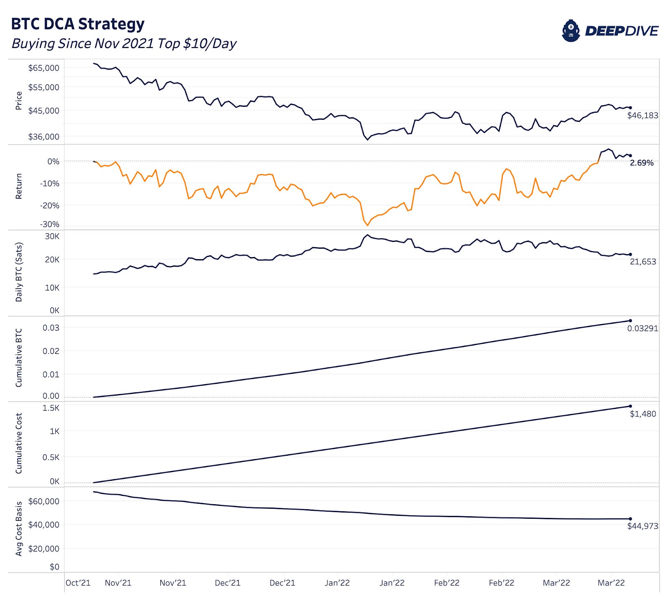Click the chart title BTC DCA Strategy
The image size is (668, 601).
point(78,24)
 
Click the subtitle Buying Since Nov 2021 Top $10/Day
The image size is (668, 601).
point(124,43)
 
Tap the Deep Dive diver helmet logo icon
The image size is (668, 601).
point(571,31)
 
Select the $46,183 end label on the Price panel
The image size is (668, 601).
point(643,115)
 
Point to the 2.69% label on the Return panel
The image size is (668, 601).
point(642,163)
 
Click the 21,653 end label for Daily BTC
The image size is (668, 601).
point(643,262)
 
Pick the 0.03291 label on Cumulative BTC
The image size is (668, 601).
point(643,328)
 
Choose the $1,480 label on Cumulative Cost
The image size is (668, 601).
point(643,414)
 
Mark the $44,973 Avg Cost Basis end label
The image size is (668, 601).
point(643,526)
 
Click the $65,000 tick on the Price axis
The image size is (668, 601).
point(44,68)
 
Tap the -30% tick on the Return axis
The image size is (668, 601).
point(50,225)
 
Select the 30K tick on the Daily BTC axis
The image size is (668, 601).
point(52,236)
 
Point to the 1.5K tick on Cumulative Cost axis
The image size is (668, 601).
point(51,408)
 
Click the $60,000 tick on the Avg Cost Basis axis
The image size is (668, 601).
point(44,501)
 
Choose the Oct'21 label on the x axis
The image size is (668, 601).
point(78,583)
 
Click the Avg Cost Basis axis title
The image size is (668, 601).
point(18,528)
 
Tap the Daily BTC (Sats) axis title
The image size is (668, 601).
point(18,272)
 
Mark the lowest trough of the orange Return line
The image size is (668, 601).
point(368,225)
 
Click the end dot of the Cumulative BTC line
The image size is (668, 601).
point(630,321)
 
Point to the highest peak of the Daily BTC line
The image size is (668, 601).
point(367,235)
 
